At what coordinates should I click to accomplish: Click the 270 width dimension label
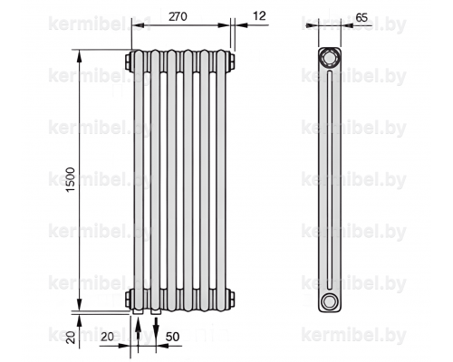[x=178, y=16]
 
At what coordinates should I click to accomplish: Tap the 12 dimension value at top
[x=259, y=15]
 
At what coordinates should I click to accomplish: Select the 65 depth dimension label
[x=361, y=17]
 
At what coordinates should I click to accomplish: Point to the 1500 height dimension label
[x=70, y=180]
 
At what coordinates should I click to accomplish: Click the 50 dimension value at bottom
[x=172, y=337]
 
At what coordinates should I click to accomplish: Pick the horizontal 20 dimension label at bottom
[x=107, y=337]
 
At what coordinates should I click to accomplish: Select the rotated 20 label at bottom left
[x=72, y=337]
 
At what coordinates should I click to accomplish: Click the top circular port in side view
[x=330, y=57]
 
